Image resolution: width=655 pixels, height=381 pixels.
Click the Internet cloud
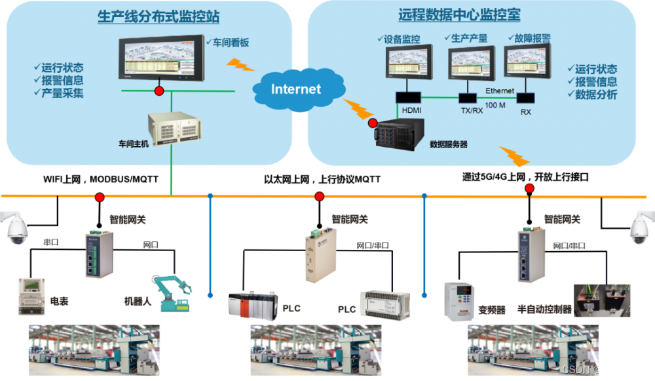296,89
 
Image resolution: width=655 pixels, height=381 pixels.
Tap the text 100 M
498,105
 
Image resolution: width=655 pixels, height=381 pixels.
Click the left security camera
15,227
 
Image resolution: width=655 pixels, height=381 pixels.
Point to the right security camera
641,226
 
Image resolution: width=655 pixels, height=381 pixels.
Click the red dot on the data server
372,123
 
